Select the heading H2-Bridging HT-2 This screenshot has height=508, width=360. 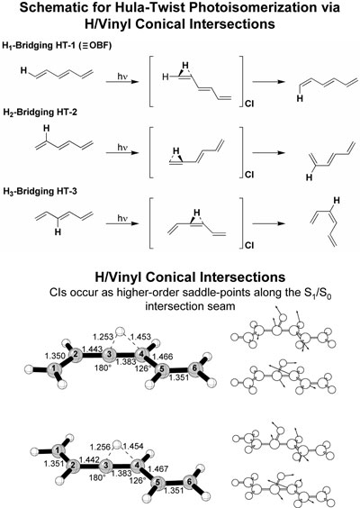40,112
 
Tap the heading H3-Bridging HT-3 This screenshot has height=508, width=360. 40,191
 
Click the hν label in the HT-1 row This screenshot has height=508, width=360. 121,77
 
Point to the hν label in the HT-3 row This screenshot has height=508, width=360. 122,218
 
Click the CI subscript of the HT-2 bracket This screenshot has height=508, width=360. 249,175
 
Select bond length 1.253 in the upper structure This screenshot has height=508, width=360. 103,336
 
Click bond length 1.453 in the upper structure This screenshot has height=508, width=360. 140,337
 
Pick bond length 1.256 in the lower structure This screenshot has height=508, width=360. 100,447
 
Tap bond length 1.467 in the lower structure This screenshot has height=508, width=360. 157,468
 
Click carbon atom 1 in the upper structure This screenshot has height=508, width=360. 53,368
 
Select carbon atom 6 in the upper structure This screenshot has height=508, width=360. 194,368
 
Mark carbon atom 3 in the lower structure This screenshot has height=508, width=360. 105,466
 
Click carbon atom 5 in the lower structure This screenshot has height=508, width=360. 157,483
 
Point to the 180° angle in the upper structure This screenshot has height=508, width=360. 102,367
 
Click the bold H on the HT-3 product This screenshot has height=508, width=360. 337,201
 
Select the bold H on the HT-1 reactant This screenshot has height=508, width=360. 23,70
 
